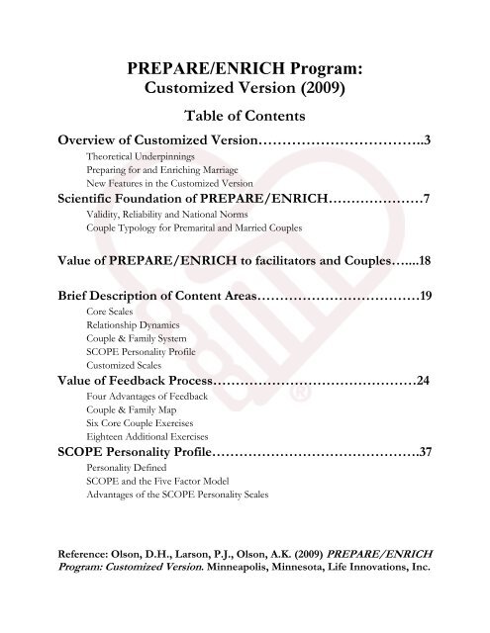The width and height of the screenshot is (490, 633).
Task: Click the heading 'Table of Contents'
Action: [245, 116]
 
